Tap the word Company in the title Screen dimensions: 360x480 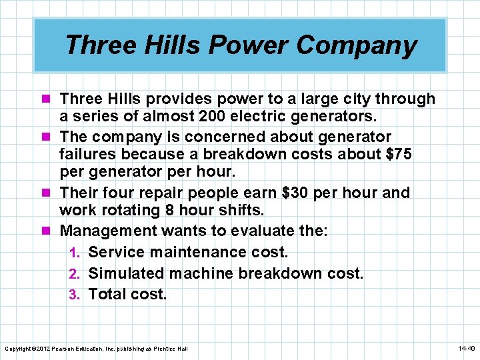click(357, 45)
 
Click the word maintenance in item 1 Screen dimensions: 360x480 click(191, 253)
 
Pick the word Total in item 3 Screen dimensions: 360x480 click(109, 294)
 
